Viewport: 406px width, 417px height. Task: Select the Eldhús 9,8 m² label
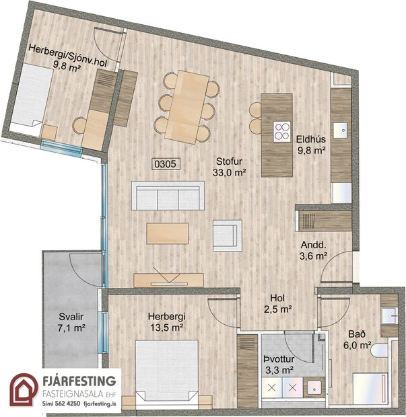point(311,145)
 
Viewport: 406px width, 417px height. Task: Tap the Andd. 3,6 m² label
point(312,250)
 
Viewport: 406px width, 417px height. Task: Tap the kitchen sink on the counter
point(341,126)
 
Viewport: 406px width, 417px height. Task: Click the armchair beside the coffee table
point(226,235)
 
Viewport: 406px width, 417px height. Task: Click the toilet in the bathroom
point(379,350)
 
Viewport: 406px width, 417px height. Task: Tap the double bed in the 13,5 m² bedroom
point(166,373)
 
